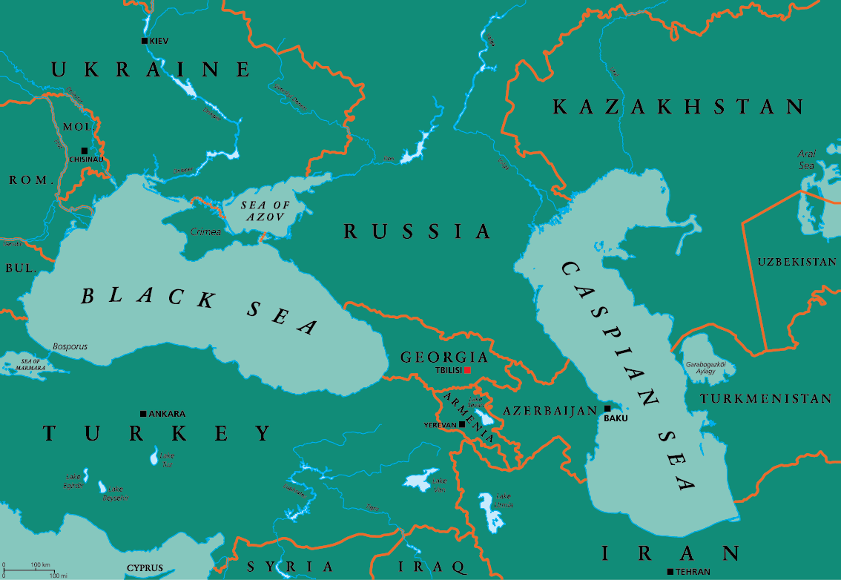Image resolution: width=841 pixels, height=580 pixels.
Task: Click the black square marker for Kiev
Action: point(145,41)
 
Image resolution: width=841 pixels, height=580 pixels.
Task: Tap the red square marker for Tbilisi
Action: point(467,370)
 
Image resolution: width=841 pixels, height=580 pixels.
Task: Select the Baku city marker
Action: point(607,409)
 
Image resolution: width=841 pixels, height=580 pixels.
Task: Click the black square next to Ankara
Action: point(143,413)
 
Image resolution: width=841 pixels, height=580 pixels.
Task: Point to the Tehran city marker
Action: point(670,571)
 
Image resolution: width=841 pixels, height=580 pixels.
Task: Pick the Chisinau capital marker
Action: point(84,151)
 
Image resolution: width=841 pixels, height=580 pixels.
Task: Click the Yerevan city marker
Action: point(462,424)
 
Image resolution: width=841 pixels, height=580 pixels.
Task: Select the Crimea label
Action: point(206,232)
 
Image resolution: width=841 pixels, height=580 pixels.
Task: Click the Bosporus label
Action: point(70,346)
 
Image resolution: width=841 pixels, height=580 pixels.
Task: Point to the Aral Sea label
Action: point(806,159)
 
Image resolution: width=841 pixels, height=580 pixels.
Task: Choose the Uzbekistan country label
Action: point(797,262)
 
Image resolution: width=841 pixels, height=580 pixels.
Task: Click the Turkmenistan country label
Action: point(766,398)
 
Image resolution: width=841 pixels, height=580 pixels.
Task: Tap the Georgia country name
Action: point(444,357)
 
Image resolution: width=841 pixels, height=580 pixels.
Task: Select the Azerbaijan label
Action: point(550,410)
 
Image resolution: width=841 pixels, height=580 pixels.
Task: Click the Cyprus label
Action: point(144,569)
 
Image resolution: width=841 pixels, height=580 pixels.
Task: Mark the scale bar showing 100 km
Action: point(30,570)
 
